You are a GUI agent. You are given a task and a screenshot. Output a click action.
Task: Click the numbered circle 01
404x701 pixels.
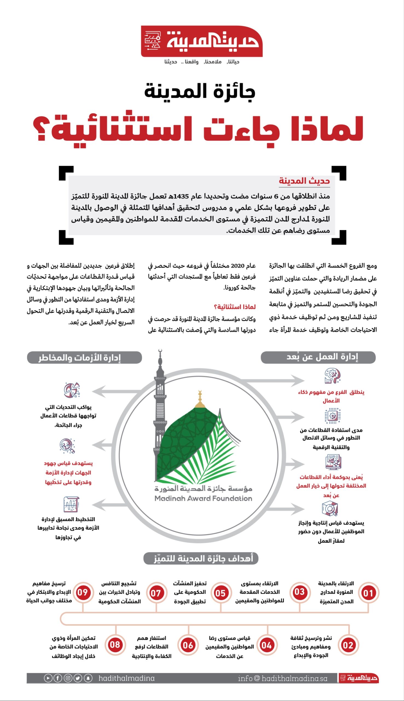[368, 593]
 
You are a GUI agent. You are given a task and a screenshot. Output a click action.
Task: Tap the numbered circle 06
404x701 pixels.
[188, 645]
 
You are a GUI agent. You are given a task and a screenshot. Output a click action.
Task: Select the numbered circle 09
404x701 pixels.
[83, 592]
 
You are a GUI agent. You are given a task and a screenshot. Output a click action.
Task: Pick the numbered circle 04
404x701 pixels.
[267, 645]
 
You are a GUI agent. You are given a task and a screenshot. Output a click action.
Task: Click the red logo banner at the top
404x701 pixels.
[202, 41]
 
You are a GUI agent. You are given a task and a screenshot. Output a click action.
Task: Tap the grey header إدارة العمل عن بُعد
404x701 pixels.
[318, 357]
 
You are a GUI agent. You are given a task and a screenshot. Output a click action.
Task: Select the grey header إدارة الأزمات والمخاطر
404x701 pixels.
[84, 357]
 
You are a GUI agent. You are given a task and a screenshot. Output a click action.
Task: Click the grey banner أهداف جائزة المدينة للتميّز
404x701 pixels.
[201, 558]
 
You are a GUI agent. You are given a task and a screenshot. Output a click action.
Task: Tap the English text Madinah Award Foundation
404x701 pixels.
[203, 499]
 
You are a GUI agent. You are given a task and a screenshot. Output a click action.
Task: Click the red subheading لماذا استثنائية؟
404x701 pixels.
[234, 307]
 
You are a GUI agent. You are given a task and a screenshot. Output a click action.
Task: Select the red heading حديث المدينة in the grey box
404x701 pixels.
[304, 181]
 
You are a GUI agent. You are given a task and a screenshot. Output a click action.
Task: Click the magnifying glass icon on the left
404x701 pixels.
[67, 446]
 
